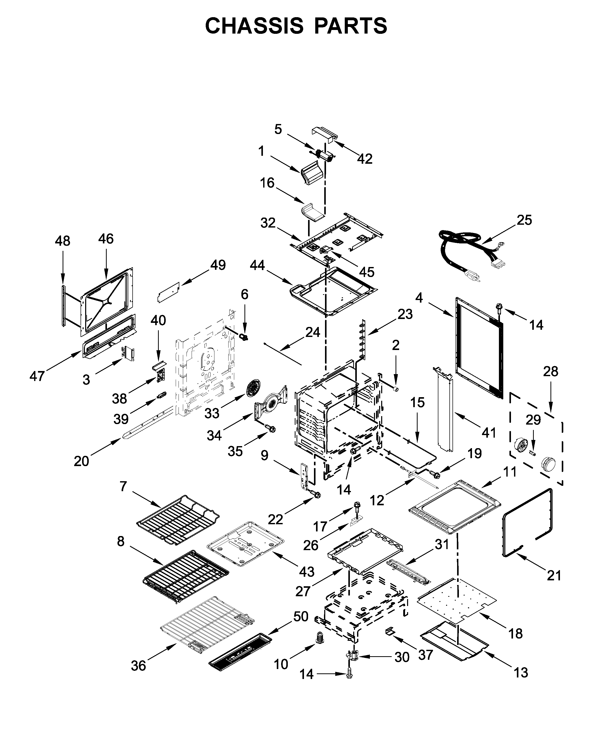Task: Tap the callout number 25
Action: (x=524, y=220)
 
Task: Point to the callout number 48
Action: (x=62, y=241)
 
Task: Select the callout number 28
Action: (x=550, y=372)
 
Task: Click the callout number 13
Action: (x=521, y=673)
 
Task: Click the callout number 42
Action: (x=364, y=159)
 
